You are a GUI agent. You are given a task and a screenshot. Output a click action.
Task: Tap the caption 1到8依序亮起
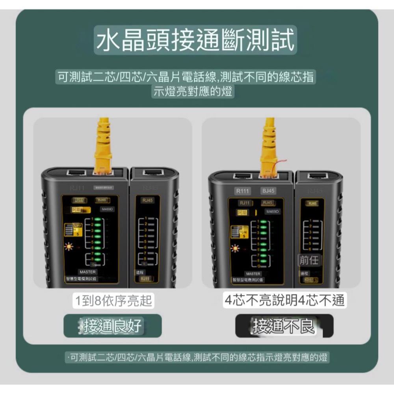114,301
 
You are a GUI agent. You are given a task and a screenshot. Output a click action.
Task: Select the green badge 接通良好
113,326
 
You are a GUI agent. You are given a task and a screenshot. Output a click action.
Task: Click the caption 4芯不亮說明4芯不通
283,301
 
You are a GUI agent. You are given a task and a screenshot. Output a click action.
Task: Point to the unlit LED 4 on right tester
263,239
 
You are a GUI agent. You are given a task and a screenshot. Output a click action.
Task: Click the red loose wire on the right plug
280,164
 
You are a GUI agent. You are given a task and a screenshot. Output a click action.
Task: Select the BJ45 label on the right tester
268,191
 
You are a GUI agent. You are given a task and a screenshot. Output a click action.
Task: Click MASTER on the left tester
87,272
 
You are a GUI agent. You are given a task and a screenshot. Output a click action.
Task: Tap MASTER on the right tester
253,273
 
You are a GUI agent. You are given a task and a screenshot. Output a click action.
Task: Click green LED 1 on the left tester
97,218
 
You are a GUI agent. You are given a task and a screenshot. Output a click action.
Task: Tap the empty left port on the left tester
76,173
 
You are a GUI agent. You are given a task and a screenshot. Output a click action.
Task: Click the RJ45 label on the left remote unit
148,200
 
